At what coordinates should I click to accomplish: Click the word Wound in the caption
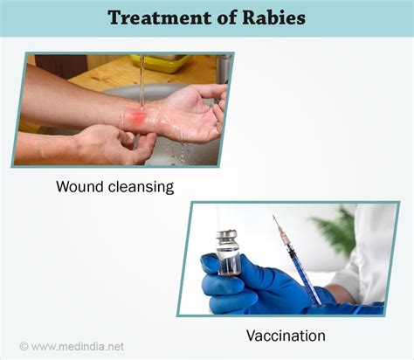(80, 186)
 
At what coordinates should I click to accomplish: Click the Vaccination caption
(285, 336)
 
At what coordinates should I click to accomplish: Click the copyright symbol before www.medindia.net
(24, 346)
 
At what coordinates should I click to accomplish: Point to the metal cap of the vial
(227, 236)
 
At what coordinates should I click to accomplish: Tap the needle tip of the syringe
(274, 219)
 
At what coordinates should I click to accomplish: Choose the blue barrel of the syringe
(300, 270)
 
